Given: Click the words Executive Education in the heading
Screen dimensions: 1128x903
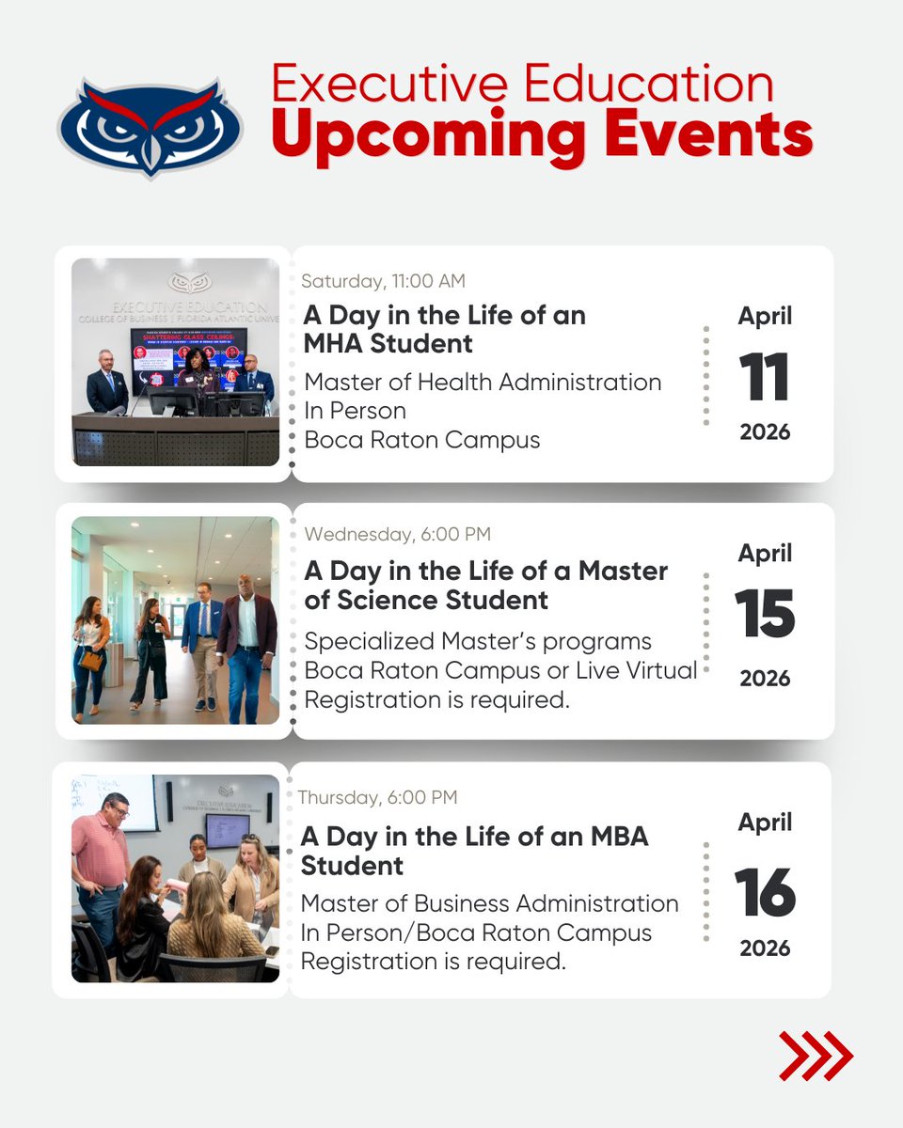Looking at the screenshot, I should tap(522, 83).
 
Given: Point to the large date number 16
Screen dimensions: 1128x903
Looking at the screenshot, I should tap(765, 892).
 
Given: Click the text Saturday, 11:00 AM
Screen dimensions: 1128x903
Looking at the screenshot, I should tap(383, 281).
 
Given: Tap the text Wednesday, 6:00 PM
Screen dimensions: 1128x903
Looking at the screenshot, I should tap(397, 534).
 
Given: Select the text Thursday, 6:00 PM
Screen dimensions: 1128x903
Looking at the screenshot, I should tap(378, 797).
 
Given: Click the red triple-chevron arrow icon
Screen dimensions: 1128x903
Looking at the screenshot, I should tap(816, 1055).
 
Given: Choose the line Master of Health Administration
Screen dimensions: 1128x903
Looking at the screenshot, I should tap(483, 382).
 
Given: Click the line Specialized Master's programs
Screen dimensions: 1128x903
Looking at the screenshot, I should tap(478, 641).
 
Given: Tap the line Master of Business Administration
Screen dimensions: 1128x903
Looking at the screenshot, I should tap(489, 903).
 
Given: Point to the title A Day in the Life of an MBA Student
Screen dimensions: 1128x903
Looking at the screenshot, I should tap(474, 850).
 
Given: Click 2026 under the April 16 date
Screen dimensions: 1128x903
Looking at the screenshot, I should tap(765, 948).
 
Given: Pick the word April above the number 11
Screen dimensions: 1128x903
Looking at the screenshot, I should tap(765, 316).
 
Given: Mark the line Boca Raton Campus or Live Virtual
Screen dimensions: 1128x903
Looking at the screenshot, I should tap(501, 670).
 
